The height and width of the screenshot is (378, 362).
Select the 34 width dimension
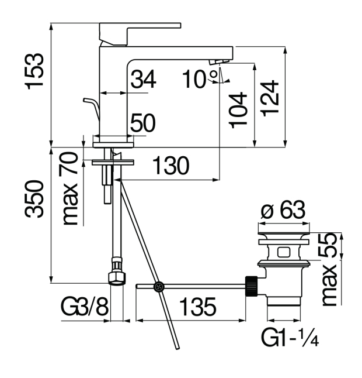tap(142, 80)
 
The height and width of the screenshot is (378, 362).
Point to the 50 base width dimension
tap(142, 123)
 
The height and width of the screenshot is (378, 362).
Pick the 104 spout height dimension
tap(238, 110)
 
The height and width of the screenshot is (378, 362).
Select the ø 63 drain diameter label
tap(283, 209)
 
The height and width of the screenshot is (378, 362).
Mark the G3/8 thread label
tap(85, 307)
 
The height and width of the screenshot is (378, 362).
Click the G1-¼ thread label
tap(290, 338)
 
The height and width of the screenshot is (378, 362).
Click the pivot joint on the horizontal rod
tap(158, 287)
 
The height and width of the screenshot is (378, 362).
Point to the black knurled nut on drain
tap(253, 286)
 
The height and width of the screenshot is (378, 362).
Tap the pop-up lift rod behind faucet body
tap(92, 109)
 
